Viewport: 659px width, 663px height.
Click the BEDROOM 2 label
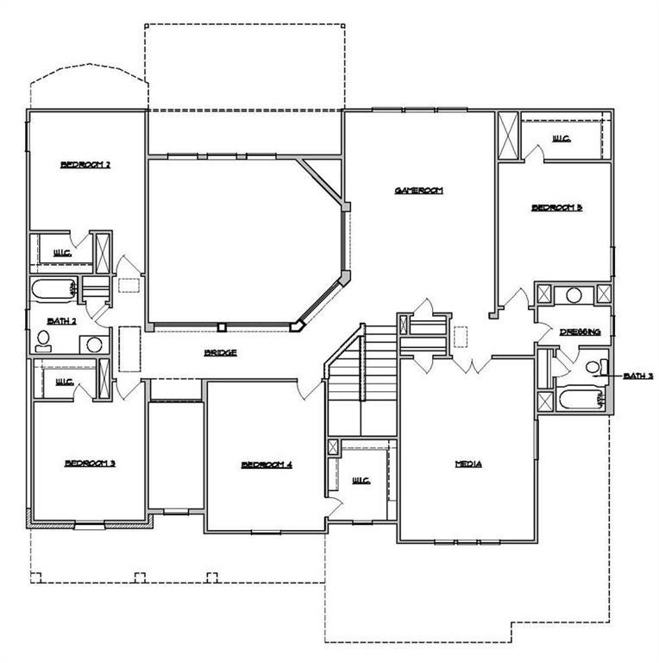[85, 165]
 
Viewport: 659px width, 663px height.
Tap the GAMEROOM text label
[418, 191]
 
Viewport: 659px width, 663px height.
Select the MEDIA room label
[468, 464]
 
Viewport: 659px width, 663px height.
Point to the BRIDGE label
[220, 352]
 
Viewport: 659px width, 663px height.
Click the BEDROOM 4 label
[267, 464]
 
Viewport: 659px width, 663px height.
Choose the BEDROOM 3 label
[90, 464]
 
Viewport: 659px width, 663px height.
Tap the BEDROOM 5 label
[556, 207]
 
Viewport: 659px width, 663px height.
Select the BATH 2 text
[62, 320]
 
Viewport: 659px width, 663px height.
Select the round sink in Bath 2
[93, 344]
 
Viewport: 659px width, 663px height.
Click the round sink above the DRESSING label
[574, 295]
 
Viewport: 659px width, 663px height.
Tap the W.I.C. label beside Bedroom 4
[361, 480]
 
